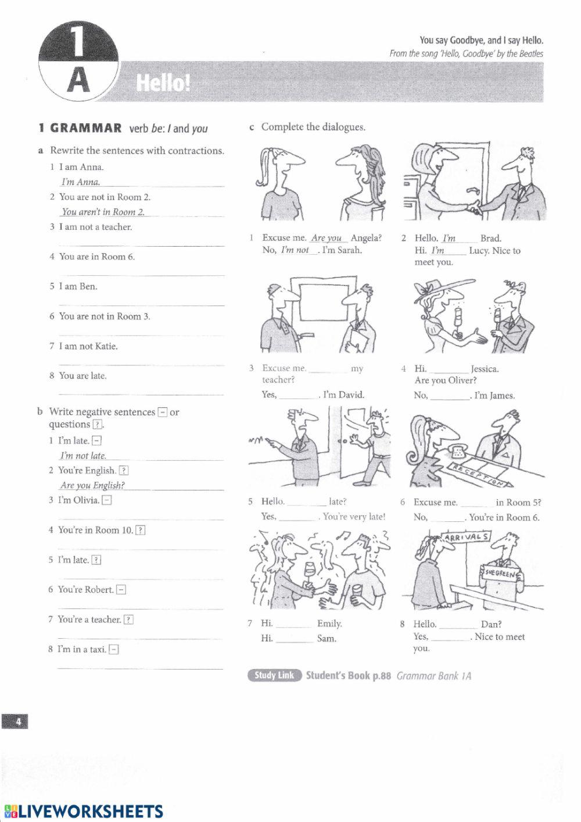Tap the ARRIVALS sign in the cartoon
[x=466, y=537]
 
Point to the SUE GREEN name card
[x=501, y=574]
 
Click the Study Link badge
[x=275, y=675]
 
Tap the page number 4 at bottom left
[x=18, y=722]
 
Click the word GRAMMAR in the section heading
[x=86, y=129]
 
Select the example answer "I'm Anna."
[x=81, y=182]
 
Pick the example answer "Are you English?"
[x=92, y=485]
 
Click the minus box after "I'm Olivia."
[x=107, y=500]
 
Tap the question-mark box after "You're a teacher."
[x=128, y=620]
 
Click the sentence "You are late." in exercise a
[x=83, y=376]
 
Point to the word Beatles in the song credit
[x=530, y=54]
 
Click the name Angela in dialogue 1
[x=366, y=238]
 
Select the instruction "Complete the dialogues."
[x=313, y=127]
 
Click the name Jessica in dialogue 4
[x=485, y=369]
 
